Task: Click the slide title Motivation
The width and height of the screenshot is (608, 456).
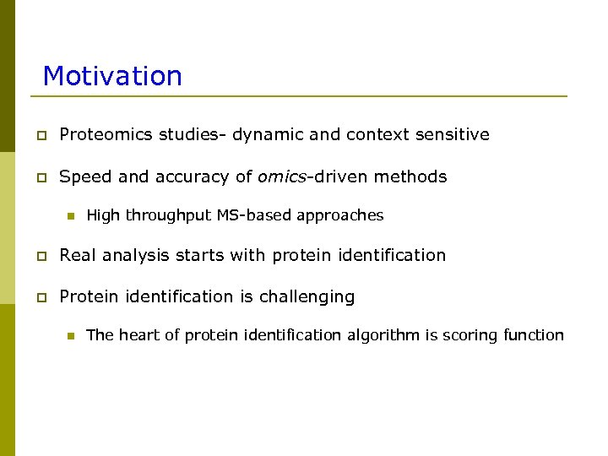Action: (112, 76)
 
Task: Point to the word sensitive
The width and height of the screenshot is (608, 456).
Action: (456, 135)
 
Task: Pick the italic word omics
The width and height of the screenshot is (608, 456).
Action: (284, 177)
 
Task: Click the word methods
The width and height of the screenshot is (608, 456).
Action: (410, 177)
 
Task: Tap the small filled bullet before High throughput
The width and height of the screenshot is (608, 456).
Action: (70, 216)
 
